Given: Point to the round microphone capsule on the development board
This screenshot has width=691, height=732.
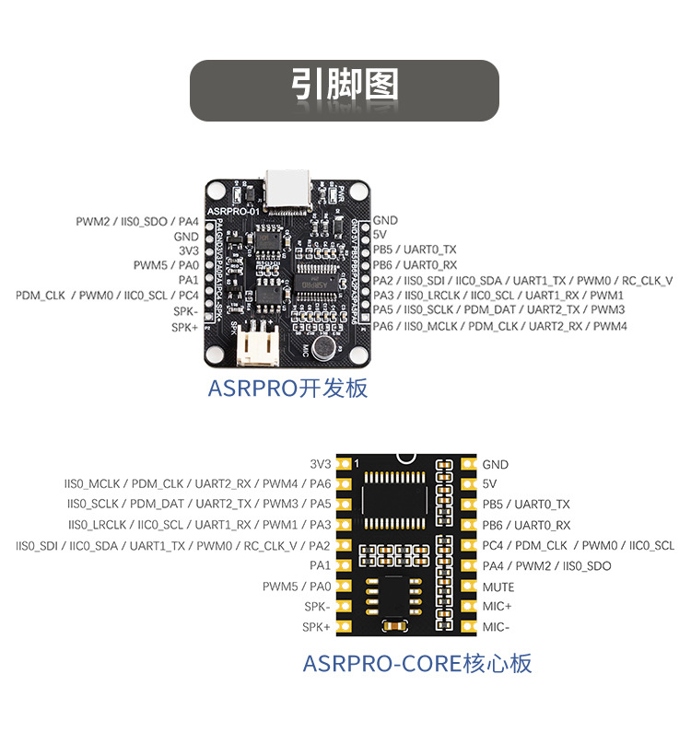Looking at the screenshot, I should click(322, 347).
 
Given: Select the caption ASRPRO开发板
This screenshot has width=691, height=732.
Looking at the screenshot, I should click(287, 388).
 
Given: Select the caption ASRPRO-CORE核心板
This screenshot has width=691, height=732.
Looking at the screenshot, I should click(417, 663).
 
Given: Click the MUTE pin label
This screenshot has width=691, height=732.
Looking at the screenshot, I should click(498, 587).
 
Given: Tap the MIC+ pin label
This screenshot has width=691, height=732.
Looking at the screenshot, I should click(497, 607).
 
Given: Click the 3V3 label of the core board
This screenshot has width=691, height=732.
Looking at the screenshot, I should click(320, 464).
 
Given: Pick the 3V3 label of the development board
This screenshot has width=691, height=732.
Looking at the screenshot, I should click(188, 250).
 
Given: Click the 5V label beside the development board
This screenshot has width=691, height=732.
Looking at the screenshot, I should click(380, 235).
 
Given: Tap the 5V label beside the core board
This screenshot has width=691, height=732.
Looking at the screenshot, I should click(489, 483).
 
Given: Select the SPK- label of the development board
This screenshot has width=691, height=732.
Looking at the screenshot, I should click(185, 311).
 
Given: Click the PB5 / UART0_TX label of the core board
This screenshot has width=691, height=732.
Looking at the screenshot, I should click(526, 505).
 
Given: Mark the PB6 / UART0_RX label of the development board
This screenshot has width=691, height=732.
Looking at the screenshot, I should click(415, 265).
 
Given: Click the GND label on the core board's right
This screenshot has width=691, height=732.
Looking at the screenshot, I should click(495, 465).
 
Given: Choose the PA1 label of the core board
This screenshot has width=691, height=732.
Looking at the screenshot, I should click(320, 565).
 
